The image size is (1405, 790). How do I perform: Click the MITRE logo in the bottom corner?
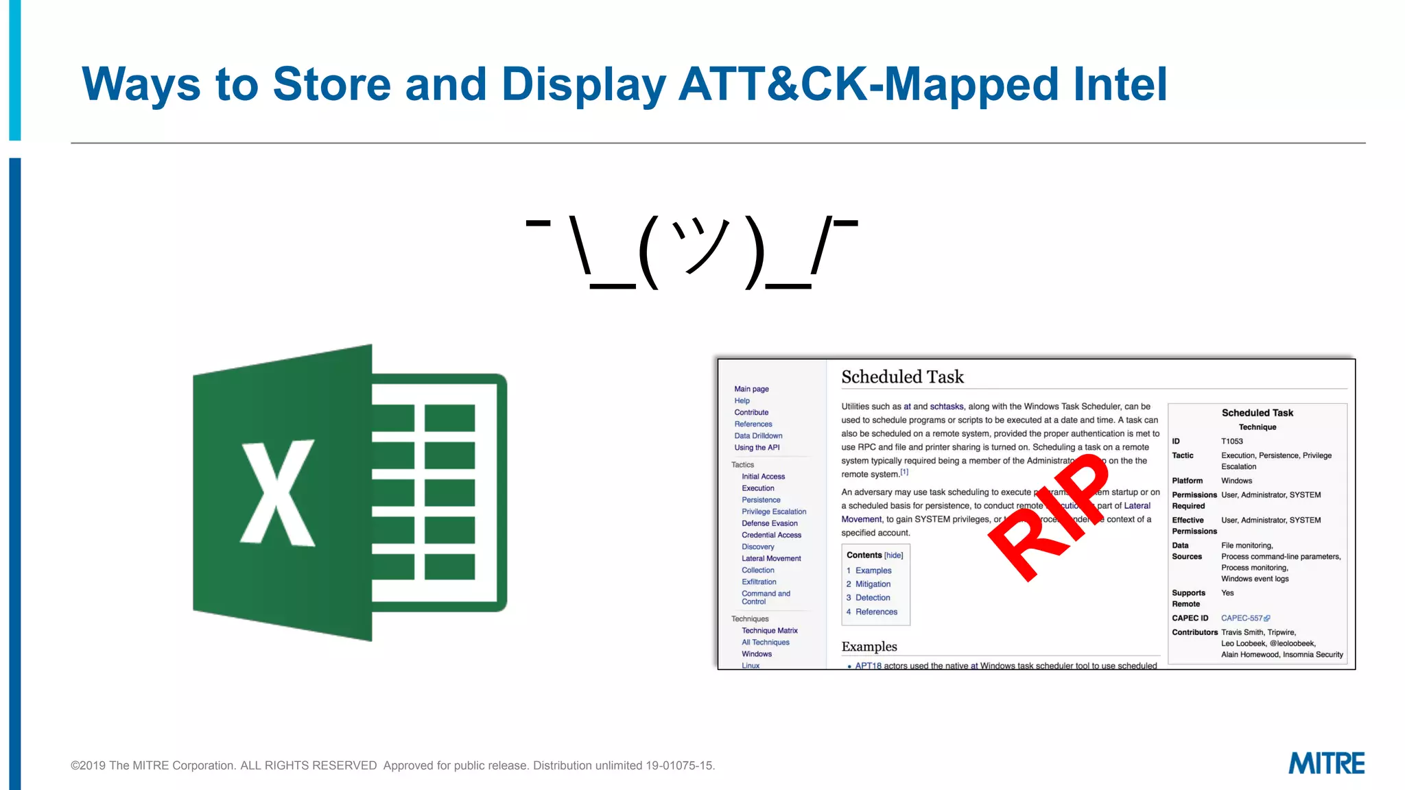point(1326,763)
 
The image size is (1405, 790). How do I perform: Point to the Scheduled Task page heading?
point(902,377)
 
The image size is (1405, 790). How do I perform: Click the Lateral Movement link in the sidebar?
point(771,559)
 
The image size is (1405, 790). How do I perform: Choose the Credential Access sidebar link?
point(771,536)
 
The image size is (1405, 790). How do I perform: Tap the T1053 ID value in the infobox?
point(1232,442)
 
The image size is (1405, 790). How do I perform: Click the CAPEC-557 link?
point(1242,619)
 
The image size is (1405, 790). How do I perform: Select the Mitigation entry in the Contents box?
point(873,584)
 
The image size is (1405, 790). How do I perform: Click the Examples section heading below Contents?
point(869,647)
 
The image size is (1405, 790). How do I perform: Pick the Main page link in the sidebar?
point(751,390)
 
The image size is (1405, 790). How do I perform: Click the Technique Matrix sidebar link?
point(769,631)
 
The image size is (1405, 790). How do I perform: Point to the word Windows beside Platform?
point(1236,481)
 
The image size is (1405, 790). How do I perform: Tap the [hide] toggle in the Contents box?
point(894,555)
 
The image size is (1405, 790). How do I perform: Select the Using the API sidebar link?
point(757,448)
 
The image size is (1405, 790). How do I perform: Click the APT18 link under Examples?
point(868,666)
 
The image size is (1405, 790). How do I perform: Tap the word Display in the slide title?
point(583,84)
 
